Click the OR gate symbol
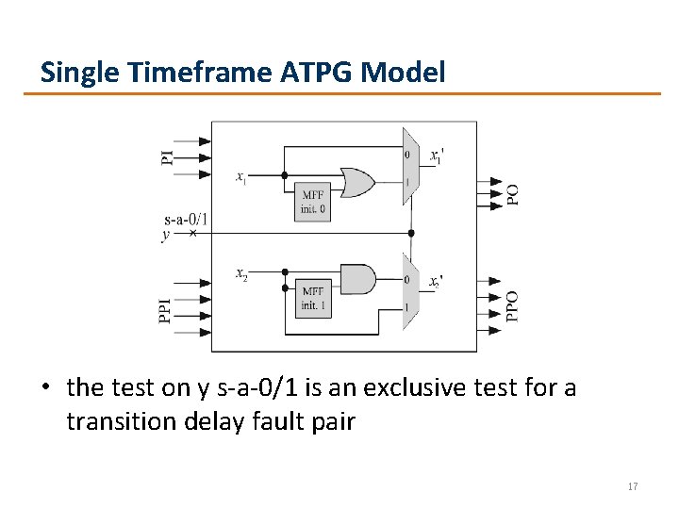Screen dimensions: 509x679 pos(356,182)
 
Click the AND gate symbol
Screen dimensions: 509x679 pos(356,279)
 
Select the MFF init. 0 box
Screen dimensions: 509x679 pos(313,201)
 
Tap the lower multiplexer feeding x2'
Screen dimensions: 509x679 pos(410,291)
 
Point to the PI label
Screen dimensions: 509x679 pos(167,156)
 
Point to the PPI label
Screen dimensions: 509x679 pos(167,307)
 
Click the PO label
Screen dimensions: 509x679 pos(512,194)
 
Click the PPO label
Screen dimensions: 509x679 pos(512,306)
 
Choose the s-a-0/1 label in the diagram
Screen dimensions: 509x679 pos(185,220)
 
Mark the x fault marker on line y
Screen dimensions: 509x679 pos(193,233)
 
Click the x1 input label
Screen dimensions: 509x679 pos(242,175)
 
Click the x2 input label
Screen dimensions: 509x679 pos(242,273)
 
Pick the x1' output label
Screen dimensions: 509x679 pos(437,156)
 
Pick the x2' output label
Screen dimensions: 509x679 pos(436,282)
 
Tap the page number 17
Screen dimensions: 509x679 pos(633,486)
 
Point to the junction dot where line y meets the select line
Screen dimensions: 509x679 pos(410,233)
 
